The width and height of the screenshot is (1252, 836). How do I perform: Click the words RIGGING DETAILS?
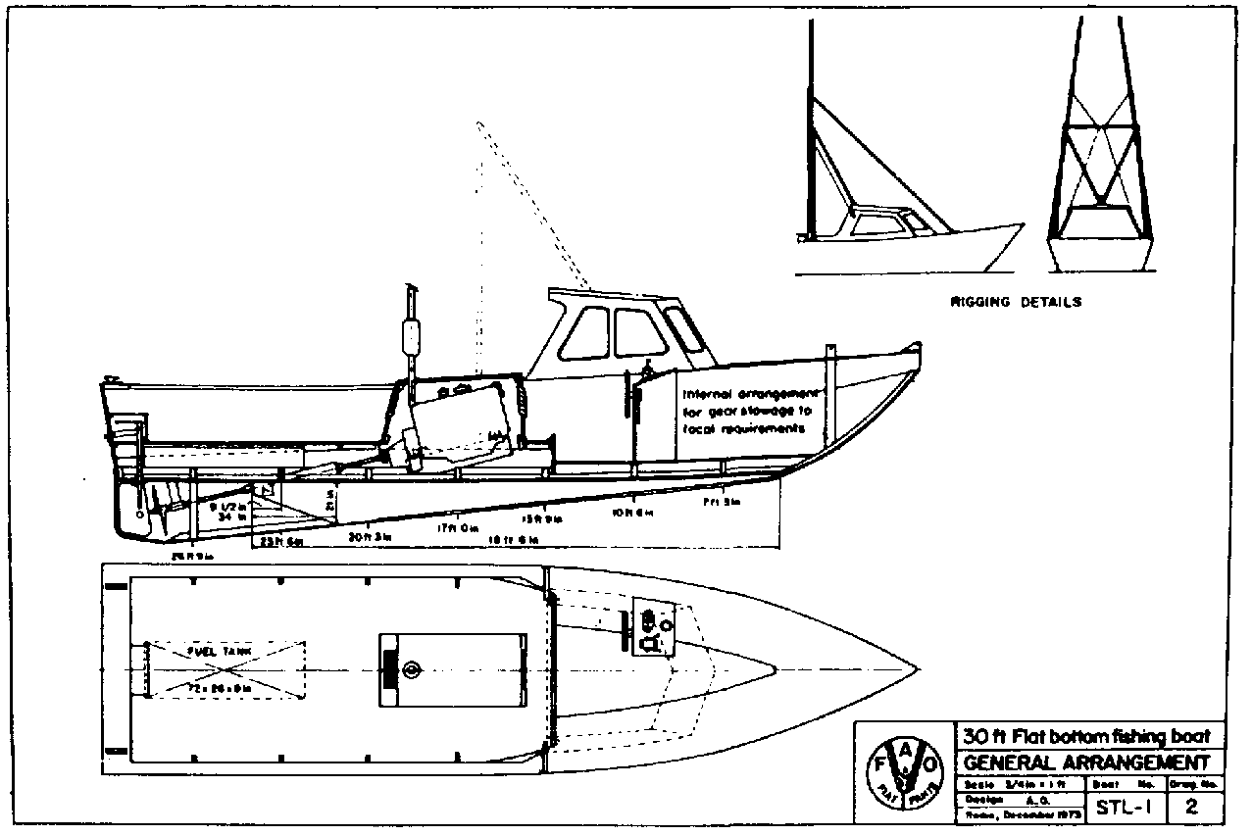point(1016,302)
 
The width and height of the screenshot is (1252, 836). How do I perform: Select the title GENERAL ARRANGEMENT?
point(1085,762)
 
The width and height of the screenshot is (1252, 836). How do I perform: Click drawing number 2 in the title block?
point(1191,809)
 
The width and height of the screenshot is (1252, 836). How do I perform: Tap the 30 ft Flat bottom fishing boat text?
point(1085,737)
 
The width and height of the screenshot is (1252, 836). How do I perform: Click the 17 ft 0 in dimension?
point(457,528)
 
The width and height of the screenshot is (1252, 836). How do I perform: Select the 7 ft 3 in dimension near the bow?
point(720,503)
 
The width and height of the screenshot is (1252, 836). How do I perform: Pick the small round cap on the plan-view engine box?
point(411,671)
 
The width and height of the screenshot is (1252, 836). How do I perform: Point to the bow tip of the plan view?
point(917,670)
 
